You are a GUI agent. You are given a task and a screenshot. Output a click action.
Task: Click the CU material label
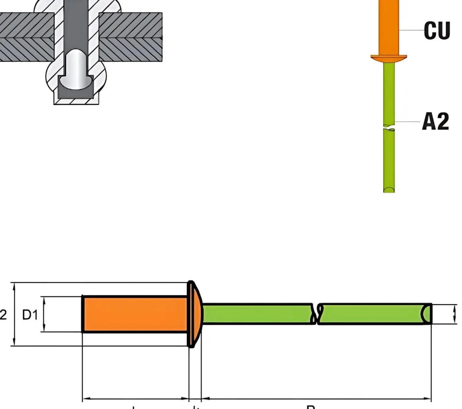tap(437, 30)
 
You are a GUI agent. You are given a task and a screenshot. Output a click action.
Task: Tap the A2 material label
tap(435, 122)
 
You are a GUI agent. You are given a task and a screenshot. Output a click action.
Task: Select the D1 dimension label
tap(30, 315)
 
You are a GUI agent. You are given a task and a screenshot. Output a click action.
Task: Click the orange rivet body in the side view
tap(135, 314)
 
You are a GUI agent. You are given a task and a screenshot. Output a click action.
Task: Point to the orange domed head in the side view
tap(195, 314)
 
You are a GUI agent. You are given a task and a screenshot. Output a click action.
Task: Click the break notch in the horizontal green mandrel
tap(317, 314)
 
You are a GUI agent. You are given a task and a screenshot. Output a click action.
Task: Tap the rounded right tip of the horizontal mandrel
tap(427, 314)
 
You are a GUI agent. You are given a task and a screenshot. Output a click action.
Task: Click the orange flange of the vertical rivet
tap(389, 58)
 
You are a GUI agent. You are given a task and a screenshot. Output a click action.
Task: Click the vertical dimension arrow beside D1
tap(44, 314)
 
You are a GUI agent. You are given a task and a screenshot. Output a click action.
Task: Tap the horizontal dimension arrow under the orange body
tap(135, 398)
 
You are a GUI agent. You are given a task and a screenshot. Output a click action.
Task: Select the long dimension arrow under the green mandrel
tap(316, 398)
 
